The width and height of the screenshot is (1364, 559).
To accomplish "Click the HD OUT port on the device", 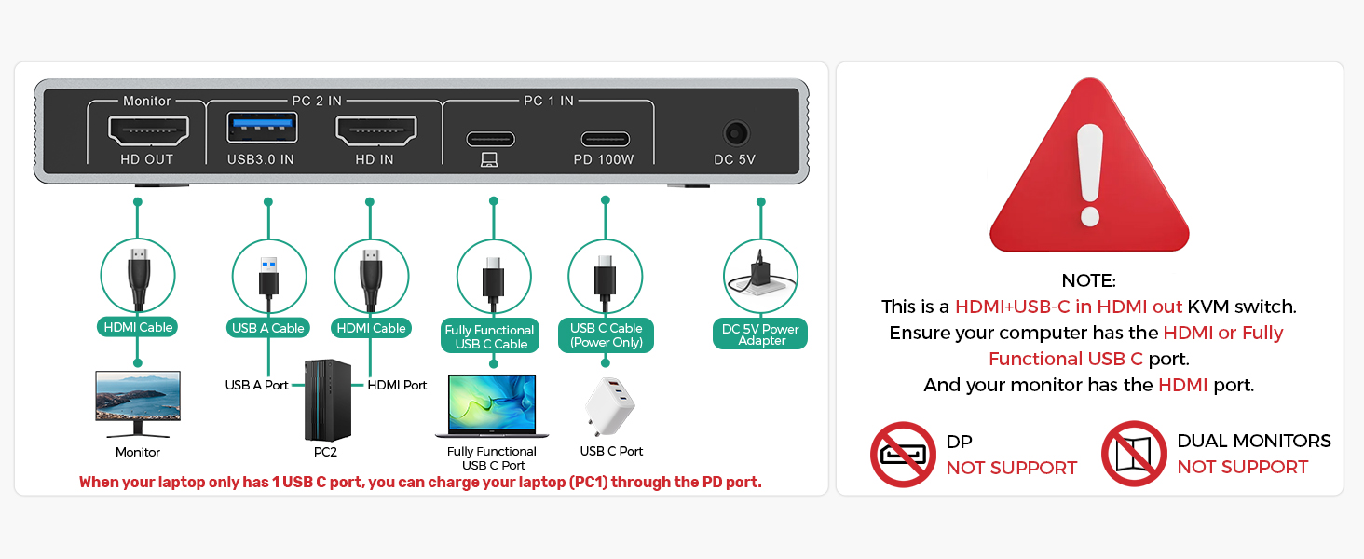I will point(148,130).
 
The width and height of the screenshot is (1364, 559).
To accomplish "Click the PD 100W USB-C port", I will point(605,140).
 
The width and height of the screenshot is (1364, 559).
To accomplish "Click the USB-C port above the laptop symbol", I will point(490,140).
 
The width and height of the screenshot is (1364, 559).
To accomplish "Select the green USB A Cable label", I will point(268,328).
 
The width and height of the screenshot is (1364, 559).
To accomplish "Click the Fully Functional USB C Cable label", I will point(490,336).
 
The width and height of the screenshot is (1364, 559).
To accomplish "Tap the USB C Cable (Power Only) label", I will point(607,335).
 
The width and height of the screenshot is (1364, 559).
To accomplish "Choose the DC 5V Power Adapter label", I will point(761,334).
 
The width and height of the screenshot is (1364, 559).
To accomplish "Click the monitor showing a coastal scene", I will point(138,402).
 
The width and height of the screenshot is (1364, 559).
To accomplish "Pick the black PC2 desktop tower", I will point(328,401).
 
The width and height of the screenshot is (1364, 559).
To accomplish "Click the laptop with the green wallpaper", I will point(492,405).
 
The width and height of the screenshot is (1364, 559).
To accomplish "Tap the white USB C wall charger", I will point(609,406).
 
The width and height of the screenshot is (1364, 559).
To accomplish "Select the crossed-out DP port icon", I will point(903,455).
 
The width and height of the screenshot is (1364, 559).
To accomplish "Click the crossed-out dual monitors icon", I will point(1134,454).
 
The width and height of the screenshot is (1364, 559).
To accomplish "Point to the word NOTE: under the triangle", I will point(1088,280).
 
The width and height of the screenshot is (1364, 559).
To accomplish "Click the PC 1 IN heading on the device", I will point(548,101).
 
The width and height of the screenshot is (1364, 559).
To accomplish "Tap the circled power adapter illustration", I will point(761,277).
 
